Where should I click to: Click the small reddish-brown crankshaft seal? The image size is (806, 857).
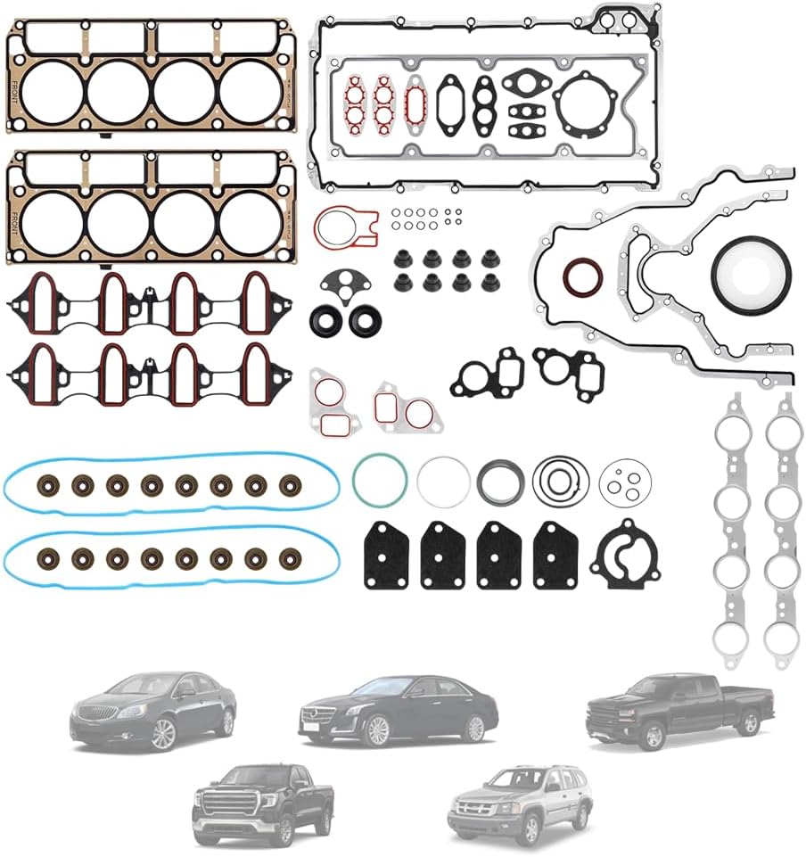pyautogui.click(x=582, y=276)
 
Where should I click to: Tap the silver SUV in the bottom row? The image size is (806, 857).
pyautogui.click(x=519, y=803)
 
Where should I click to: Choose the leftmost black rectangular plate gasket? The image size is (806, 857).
pyautogui.click(x=386, y=554)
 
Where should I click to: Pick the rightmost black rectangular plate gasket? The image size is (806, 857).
pyautogui.click(x=555, y=554)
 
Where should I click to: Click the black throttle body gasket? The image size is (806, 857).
pyautogui.click(x=625, y=553)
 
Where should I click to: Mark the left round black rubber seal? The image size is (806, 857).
pyautogui.click(x=325, y=321)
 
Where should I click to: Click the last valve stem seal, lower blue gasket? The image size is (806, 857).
pyautogui.click(x=290, y=558)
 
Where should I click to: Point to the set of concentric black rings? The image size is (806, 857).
pyautogui.click(x=561, y=481)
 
